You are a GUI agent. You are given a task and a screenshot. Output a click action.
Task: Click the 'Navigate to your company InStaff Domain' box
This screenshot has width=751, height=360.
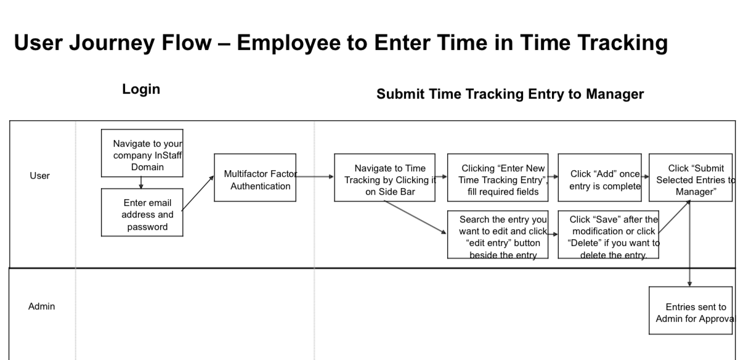click(x=142, y=152)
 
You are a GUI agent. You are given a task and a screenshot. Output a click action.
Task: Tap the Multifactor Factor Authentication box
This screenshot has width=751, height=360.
click(x=255, y=178)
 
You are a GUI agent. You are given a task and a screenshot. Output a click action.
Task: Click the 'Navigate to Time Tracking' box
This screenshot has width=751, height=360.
click(x=384, y=178)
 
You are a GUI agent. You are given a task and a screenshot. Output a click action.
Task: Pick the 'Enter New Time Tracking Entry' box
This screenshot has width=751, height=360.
click(x=497, y=178)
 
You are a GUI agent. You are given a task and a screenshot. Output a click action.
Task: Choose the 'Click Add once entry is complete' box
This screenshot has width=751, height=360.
click(x=599, y=178)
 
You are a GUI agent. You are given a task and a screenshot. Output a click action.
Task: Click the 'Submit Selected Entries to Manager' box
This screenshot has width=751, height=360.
click(x=691, y=178)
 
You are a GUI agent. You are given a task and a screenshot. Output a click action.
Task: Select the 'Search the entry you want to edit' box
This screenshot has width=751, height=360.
click(x=497, y=234)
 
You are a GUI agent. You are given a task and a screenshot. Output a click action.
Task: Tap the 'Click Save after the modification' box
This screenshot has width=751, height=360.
click(x=608, y=234)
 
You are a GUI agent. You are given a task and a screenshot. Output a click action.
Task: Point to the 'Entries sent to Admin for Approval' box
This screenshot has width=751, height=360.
click(x=691, y=311)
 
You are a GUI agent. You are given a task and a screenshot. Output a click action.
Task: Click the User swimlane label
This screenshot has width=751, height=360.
click(x=40, y=176)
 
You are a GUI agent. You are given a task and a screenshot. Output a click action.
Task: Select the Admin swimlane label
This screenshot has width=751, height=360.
click(x=41, y=306)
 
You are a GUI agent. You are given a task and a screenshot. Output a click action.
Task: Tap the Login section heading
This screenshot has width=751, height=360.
click(x=141, y=89)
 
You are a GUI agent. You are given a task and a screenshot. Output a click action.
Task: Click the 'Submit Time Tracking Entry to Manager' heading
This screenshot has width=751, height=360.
click(x=510, y=94)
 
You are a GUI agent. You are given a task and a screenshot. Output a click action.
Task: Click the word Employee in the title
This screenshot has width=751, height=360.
click(x=323, y=43)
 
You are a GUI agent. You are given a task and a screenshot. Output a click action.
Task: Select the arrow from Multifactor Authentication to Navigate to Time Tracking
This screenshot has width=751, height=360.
click(x=315, y=177)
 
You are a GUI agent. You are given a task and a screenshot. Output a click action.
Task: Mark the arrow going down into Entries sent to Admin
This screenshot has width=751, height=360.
click(x=689, y=247)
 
